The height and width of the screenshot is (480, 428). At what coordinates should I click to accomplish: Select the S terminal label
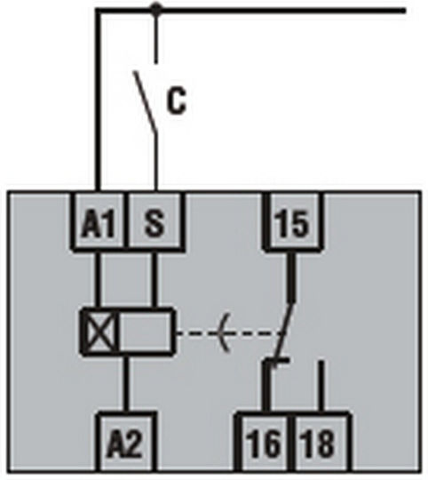click(155, 223)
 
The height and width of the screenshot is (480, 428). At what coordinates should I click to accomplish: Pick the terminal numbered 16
click(264, 444)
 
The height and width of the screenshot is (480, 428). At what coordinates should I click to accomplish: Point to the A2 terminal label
click(124, 444)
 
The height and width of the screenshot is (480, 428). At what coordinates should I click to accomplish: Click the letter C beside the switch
click(177, 100)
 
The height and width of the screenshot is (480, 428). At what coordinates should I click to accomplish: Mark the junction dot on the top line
click(156, 9)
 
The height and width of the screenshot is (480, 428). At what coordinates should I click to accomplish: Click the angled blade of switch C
click(146, 102)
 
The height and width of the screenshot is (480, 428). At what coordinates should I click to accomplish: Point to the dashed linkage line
click(230, 332)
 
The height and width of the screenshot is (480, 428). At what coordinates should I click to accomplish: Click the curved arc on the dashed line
click(222, 332)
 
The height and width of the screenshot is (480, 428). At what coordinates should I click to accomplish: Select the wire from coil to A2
click(126, 384)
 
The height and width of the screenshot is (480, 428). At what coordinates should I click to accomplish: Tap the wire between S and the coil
click(155, 280)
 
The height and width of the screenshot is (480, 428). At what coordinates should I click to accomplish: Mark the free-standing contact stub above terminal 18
click(321, 387)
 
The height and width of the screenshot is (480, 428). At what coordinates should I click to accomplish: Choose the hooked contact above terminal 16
click(268, 385)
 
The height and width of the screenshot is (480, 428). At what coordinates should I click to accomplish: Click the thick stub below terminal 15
click(291, 277)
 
